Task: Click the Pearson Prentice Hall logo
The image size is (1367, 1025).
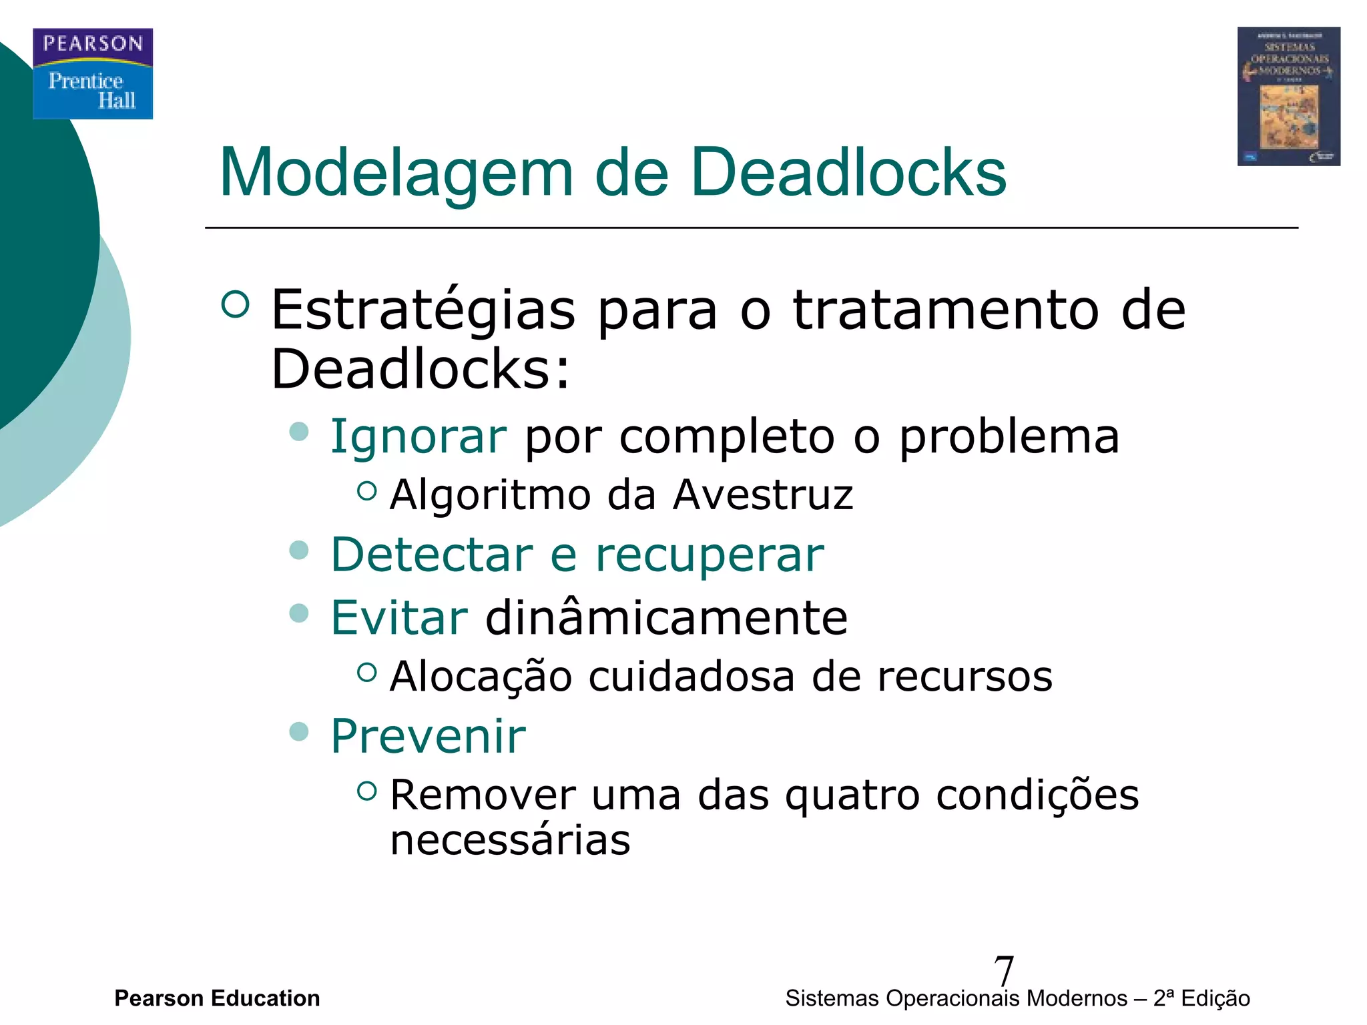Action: tap(93, 73)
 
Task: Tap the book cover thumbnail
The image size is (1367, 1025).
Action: tap(1288, 96)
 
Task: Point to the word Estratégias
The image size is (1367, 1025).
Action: tap(423, 311)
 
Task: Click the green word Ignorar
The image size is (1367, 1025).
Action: tap(419, 437)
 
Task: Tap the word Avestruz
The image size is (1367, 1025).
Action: tap(763, 495)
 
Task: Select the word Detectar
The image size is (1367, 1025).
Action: tap(432, 555)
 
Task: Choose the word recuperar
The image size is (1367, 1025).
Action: tap(710, 556)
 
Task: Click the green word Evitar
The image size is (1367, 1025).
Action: tap(399, 618)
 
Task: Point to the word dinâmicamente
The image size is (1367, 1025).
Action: tap(666, 618)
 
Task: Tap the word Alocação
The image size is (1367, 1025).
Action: tap(481, 677)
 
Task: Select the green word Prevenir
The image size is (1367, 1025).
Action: tap(429, 737)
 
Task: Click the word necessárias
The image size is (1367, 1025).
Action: tap(510, 840)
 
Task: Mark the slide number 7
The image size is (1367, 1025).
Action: tap(1003, 970)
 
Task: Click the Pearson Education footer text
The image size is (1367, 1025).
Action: tap(217, 998)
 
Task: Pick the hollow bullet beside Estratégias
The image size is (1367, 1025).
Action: tap(235, 304)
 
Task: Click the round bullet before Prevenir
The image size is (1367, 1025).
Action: tap(299, 731)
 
